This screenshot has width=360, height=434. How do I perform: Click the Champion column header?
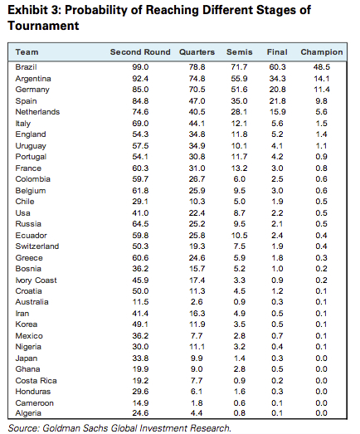pyautogui.click(x=322, y=52)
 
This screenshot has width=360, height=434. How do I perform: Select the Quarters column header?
pyautogui.click(x=197, y=52)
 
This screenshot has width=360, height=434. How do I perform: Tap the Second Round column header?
pyautogui.click(x=140, y=52)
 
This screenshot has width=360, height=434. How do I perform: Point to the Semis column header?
pyautogui.click(x=240, y=52)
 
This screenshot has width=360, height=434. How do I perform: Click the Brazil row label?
pyautogui.click(x=26, y=67)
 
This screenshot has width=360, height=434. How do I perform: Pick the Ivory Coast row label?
pyautogui.click(x=36, y=280)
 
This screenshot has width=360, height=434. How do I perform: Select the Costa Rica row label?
pyautogui.click(x=36, y=381)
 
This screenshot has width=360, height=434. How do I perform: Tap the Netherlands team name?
pyautogui.click(x=37, y=112)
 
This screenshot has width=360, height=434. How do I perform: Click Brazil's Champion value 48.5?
pyautogui.click(x=321, y=67)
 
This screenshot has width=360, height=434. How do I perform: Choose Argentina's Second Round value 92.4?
pyautogui.click(x=140, y=79)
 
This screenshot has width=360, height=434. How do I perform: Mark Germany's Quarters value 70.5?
pyautogui.click(x=197, y=90)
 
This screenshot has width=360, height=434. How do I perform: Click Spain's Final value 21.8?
pyautogui.click(x=277, y=101)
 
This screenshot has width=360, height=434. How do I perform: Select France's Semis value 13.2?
pyautogui.click(x=240, y=168)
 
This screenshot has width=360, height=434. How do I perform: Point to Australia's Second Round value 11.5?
pyautogui.click(x=140, y=302)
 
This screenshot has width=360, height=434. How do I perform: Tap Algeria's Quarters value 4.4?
pyautogui.click(x=197, y=413)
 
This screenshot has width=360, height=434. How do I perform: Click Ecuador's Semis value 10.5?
pyautogui.click(x=240, y=236)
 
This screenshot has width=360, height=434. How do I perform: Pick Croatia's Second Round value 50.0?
pyautogui.click(x=140, y=291)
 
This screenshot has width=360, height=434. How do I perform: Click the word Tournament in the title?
pyautogui.click(x=43, y=26)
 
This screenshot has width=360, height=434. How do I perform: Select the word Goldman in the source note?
pyautogui.click(x=57, y=428)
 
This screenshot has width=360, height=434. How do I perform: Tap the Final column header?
pyautogui.click(x=277, y=52)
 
